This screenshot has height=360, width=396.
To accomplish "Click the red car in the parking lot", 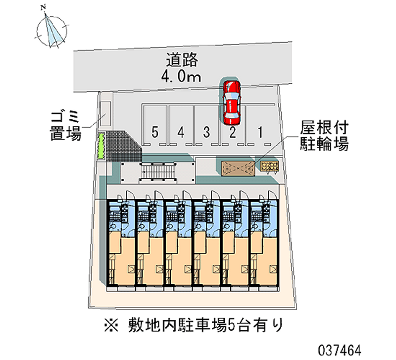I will [231, 102].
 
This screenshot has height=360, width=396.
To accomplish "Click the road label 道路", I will [182, 60].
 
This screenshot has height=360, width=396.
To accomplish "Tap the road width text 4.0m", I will [182, 76].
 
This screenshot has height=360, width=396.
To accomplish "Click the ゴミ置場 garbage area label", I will [65, 126].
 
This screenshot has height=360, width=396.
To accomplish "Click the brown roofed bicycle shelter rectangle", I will [238, 168].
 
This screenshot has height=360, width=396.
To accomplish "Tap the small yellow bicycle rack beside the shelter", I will [270, 166].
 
